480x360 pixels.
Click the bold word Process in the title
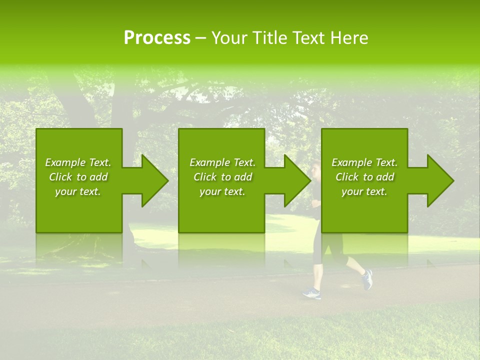coord(157,38)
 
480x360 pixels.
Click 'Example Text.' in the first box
coord(78,162)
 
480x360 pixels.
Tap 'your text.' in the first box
coord(78,191)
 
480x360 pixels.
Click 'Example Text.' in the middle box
coord(222,162)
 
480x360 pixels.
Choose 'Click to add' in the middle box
coord(222,177)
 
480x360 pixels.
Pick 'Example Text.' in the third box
coord(364,162)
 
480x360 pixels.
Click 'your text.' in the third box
coord(364,191)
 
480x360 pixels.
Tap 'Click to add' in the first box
coord(78,177)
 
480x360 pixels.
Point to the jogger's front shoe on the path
coord(311,293)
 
